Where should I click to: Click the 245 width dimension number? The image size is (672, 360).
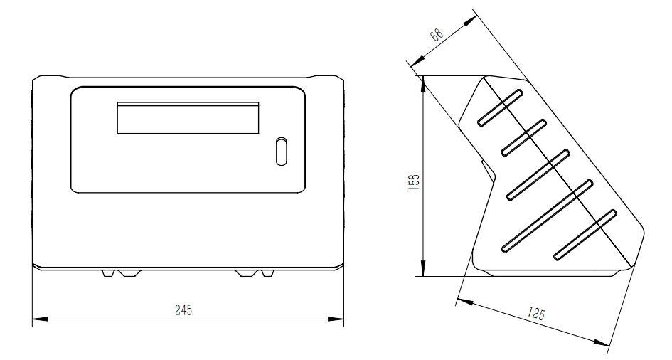[x=183, y=309]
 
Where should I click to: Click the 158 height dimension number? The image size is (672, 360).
[x=415, y=182]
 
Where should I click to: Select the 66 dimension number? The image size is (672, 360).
[x=437, y=34]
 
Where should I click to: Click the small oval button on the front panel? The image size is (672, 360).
[x=281, y=152]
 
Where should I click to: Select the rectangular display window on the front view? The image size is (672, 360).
[x=188, y=118]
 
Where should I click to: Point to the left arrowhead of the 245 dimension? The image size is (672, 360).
[x=40, y=319]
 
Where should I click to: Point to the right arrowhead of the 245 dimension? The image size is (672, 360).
[x=336, y=319]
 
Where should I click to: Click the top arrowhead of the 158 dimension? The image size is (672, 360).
[x=423, y=83]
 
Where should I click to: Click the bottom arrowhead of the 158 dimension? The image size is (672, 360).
[x=423, y=269]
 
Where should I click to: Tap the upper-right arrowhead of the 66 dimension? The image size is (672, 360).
[x=471, y=20]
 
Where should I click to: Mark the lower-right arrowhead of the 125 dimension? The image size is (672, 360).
[x=602, y=343]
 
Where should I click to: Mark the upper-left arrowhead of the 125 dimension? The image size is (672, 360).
[x=464, y=301]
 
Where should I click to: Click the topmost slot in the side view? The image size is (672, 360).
[x=500, y=107]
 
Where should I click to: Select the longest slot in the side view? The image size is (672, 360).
[x=548, y=216]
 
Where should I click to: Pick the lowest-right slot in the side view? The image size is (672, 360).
[x=585, y=235]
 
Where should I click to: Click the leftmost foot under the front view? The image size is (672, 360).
[x=108, y=273]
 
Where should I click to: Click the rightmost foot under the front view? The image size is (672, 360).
[x=267, y=273]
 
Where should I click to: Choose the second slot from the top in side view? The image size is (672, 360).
[x=523, y=137]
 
